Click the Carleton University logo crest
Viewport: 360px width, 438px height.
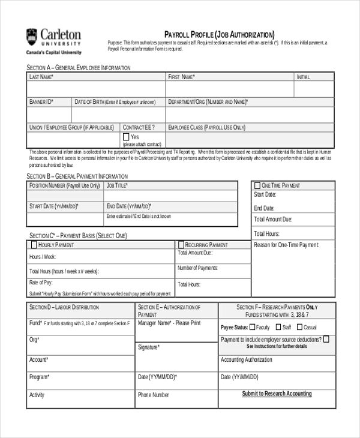point(32,37)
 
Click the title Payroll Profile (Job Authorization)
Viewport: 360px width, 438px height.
point(219,34)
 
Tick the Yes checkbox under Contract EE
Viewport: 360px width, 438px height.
point(126,137)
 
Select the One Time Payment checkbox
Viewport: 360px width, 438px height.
point(257,185)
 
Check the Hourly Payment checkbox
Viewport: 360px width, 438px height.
point(33,245)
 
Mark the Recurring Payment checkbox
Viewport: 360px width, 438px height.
point(181,245)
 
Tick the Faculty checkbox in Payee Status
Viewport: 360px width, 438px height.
point(252,328)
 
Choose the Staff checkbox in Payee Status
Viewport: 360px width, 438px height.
point(278,328)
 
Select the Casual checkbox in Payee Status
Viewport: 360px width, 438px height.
point(299,328)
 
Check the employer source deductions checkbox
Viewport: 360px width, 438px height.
point(326,339)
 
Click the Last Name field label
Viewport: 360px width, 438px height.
point(41,77)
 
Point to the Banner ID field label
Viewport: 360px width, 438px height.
point(41,102)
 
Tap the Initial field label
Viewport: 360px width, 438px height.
point(304,77)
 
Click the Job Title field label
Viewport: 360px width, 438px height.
point(117,185)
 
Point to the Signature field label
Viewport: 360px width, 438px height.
point(148,347)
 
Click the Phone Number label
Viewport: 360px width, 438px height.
point(154,395)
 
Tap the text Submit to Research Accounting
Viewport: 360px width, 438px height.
point(277,394)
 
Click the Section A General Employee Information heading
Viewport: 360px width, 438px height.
point(78,68)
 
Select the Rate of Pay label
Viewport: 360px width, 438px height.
point(41,283)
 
